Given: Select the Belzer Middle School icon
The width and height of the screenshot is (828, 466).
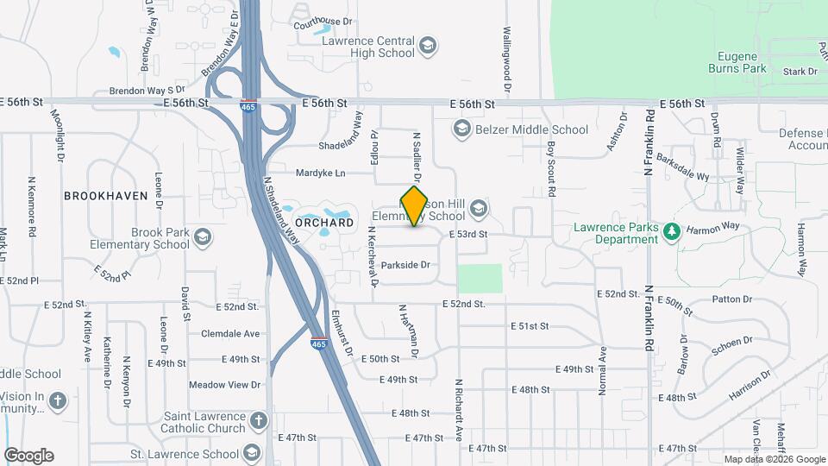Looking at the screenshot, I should pyautogui.click(x=461, y=129).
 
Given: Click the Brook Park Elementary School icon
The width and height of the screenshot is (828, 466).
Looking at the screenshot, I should pyautogui.click(x=203, y=237).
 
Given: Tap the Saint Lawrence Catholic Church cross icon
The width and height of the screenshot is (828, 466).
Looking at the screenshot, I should pyautogui.click(x=258, y=422).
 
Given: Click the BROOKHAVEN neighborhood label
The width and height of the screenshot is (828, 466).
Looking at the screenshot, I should pyautogui.click(x=106, y=196).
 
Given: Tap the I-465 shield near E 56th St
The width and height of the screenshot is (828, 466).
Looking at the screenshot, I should pyautogui.click(x=248, y=106).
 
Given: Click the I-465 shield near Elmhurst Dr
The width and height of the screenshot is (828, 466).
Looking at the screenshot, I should pyautogui.click(x=318, y=343).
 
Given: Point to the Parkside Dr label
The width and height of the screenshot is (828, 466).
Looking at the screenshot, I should pyautogui.click(x=405, y=265).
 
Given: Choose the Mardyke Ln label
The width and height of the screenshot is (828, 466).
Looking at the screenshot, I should pyautogui.click(x=320, y=173).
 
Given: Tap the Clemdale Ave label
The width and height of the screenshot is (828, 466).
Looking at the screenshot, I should pyautogui.click(x=230, y=333).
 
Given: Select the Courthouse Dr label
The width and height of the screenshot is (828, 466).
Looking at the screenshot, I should pyautogui.click(x=323, y=22).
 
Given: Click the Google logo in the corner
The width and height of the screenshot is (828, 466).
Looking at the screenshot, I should pyautogui.click(x=28, y=456).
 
